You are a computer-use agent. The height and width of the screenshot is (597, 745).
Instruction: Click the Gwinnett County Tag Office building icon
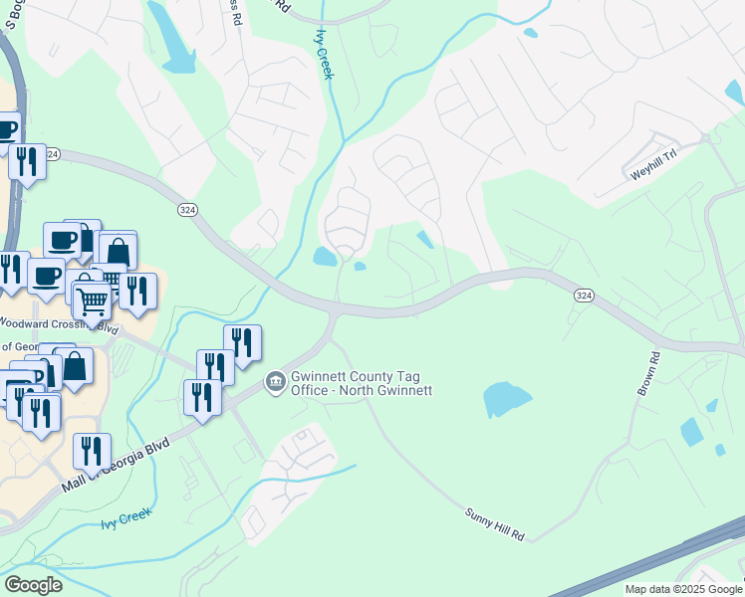(275, 382)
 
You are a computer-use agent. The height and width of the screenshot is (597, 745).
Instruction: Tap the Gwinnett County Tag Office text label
(361, 383)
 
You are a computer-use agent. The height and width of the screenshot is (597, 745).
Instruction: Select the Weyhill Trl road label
(652, 172)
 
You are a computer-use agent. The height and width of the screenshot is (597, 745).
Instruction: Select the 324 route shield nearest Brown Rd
(585, 296)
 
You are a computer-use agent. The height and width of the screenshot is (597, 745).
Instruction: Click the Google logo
(33, 585)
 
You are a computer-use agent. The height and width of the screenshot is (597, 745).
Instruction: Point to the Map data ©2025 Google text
(682, 589)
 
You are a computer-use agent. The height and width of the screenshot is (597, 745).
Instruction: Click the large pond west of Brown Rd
(507, 399)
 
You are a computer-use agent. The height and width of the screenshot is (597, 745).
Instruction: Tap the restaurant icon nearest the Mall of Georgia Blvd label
(92, 452)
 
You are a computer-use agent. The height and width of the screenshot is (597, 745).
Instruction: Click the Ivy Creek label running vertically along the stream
(325, 55)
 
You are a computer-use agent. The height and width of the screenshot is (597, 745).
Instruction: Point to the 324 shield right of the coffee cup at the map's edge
(53, 154)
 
